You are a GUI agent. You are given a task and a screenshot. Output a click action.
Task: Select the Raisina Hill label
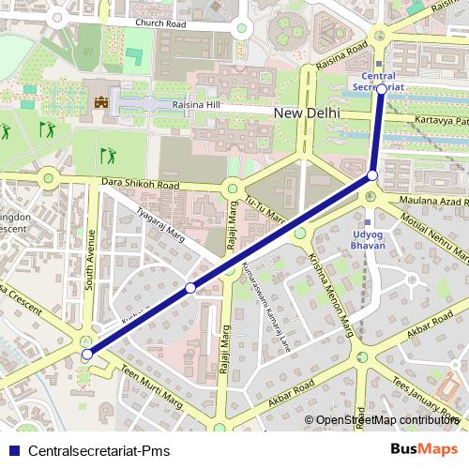(195, 105)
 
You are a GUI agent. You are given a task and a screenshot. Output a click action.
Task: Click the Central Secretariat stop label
(379, 80)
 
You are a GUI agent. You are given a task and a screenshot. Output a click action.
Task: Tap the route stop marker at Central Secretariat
(382, 89)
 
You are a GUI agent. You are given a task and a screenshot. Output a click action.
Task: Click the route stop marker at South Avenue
(87, 354)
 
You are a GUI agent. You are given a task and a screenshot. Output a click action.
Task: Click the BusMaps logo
(425, 448)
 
